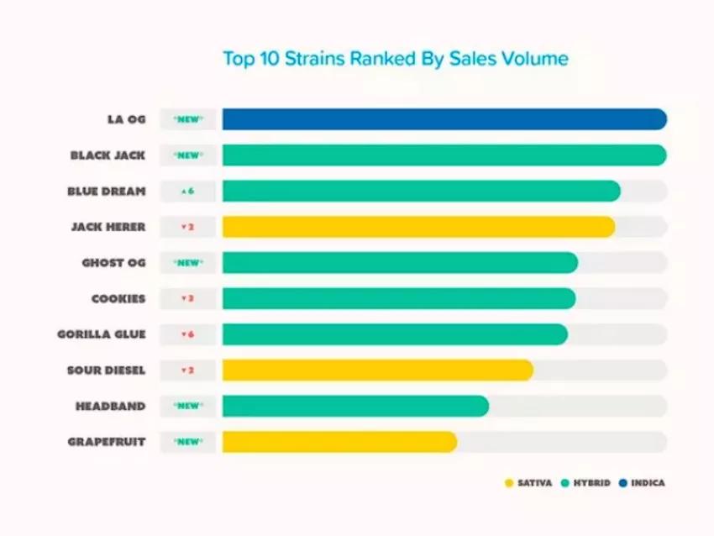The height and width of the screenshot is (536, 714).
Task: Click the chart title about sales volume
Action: (x=395, y=59)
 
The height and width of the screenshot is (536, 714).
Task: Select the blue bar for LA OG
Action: (x=444, y=119)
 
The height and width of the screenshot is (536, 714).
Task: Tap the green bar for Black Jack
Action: (x=444, y=155)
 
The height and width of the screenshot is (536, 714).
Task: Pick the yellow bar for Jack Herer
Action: (x=418, y=227)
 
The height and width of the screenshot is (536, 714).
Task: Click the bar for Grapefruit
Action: (x=339, y=442)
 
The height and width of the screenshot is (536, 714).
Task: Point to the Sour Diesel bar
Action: (x=377, y=370)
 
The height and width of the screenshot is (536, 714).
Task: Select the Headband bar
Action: (x=355, y=406)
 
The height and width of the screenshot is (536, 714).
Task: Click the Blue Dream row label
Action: (x=107, y=192)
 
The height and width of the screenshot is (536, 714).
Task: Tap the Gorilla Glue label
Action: (x=102, y=334)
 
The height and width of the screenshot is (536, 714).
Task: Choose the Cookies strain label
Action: (x=118, y=298)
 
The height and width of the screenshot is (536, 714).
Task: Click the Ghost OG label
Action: (x=113, y=263)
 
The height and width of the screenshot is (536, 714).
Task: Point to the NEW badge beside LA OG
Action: (x=188, y=119)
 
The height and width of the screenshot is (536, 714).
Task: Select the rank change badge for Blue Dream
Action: (x=188, y=192)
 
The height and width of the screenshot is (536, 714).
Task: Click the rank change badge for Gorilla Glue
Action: (x=188, y=334)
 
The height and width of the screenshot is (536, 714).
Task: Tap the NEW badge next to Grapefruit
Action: (x=188, y=442)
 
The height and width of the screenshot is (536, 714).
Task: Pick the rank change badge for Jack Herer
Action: (x=188, y=227)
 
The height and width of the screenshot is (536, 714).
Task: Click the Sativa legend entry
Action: (x=528, y=483)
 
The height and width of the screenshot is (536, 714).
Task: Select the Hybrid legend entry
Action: (x=586, y=483)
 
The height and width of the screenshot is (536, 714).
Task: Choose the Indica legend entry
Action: (x=642, y=483)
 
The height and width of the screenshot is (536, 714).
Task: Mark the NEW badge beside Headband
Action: (x=188, y=406)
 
